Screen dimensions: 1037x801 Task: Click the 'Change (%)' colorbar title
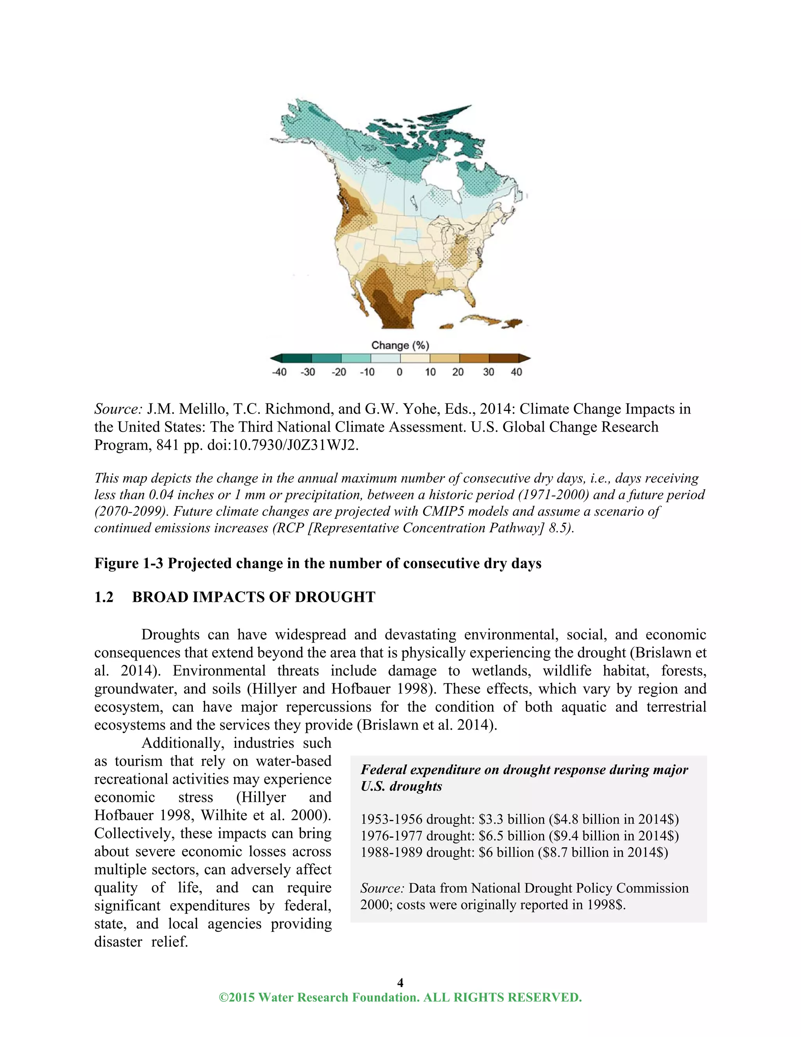(400, 345)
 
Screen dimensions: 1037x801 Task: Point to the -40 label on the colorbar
(279, 372)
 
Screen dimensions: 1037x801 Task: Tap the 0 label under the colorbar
(400, 372)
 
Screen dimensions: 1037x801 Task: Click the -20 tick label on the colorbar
(338, 372)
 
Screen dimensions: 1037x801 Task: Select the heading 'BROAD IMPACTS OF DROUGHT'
(253, 597)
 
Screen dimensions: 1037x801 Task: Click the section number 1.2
(104, 597)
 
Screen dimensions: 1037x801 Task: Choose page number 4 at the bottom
(400, 982)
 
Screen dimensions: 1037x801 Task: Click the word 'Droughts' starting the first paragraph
(171, 635)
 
